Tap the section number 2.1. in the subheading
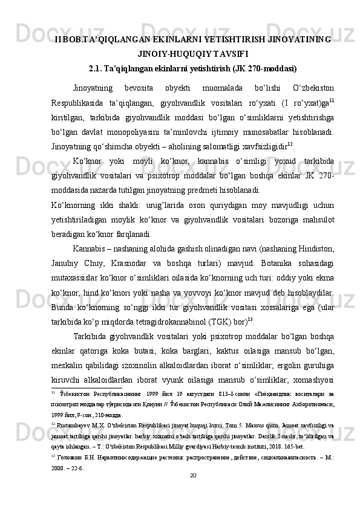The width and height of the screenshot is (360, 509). [x=99, y=68]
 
